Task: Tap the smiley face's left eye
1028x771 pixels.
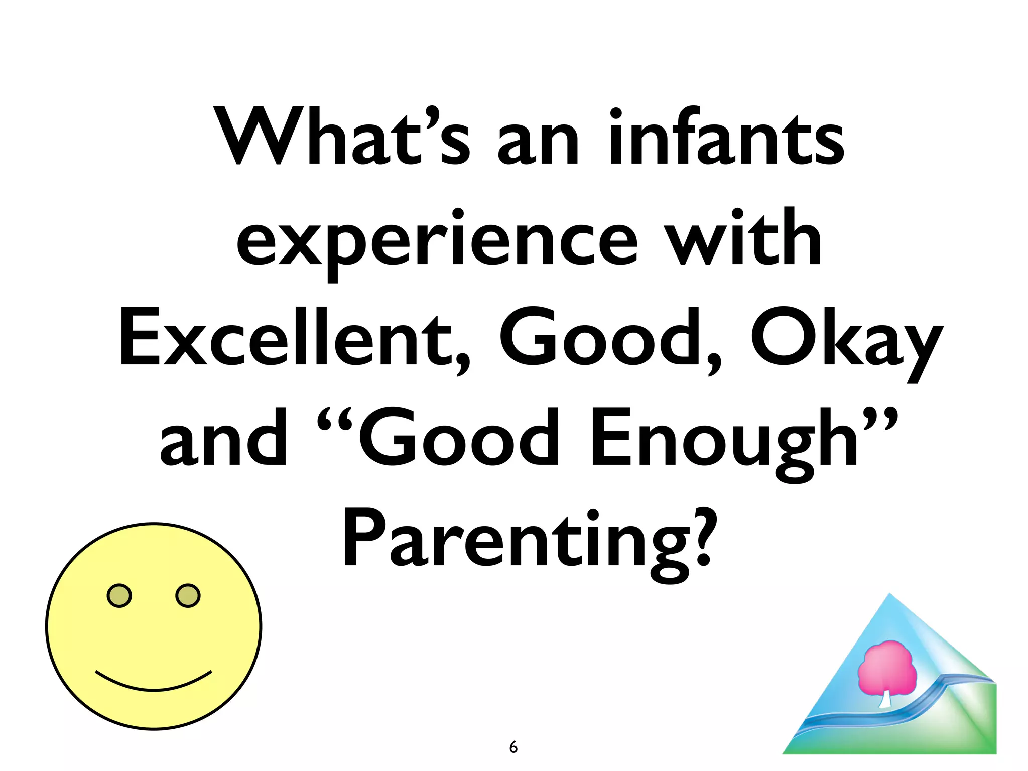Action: coord(119,596)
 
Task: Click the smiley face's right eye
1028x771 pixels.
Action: coord(188,596)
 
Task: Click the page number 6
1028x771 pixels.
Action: coord(513,747)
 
